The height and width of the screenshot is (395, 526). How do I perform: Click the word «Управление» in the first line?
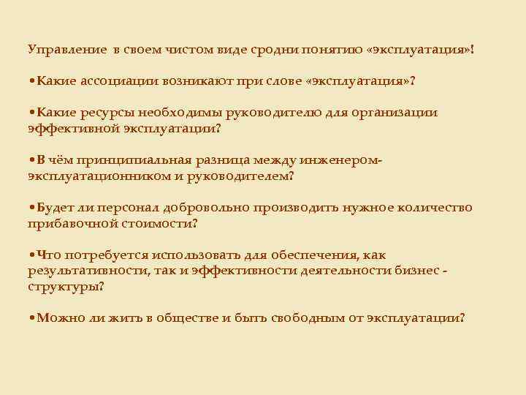tap(66, 50)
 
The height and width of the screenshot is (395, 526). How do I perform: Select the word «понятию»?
tap(332, 50)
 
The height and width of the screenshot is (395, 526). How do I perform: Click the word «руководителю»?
tap(267, 113)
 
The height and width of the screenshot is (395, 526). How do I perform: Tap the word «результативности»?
tap(83, 271)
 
